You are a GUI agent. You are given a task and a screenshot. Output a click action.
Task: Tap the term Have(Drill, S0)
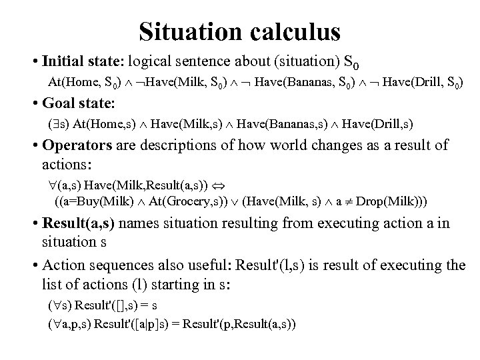point(419,83)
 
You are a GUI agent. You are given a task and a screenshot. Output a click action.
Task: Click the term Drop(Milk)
point(387,201)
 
